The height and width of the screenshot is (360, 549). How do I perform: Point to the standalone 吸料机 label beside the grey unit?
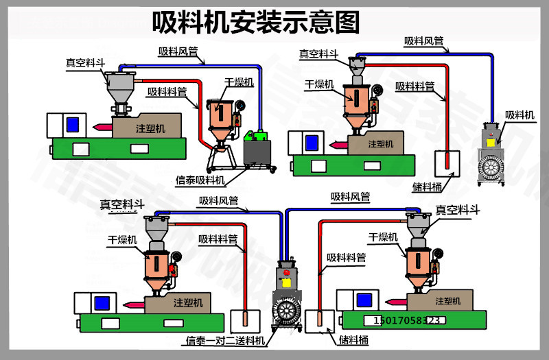[x=519, y=115]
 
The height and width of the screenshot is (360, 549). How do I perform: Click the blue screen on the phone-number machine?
[x=364, y=299]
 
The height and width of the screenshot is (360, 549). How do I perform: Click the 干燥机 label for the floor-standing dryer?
[x=239, y=82]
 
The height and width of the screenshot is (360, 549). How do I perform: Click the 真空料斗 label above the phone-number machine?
[x=457, y=211]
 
